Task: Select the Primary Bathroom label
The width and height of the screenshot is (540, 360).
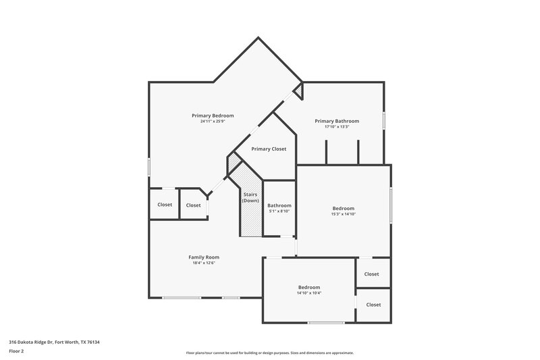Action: coord(337,121)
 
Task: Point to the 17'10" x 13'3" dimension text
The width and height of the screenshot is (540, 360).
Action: coord(337,127)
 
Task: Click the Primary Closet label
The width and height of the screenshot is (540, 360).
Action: coord(269,149)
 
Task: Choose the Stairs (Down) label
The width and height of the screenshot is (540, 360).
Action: coord(250,198)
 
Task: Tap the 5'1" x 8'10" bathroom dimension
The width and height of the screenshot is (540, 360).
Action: coord(279,211)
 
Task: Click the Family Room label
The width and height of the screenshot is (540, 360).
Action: coord(203,257)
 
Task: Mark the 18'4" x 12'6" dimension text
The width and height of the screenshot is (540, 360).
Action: coord(203,263)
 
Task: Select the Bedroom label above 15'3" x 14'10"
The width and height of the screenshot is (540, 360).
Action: coord(343,208)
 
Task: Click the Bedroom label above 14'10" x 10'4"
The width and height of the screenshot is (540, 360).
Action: coord(309,287)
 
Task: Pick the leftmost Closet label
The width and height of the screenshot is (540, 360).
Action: coord(165,205)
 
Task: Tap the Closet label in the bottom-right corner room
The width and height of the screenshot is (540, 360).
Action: coord(373,305)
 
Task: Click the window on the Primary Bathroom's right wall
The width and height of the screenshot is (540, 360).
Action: coord(384,120)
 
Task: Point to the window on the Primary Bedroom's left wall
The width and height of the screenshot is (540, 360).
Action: coord(149,167)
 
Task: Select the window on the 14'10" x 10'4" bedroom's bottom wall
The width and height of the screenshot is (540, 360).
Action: coord(326,323)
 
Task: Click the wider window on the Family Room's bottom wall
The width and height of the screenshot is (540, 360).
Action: coord(182,298)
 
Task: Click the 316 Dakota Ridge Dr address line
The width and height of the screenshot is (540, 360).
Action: coord(54,342)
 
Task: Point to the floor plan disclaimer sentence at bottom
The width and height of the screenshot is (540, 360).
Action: coord(270,353)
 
